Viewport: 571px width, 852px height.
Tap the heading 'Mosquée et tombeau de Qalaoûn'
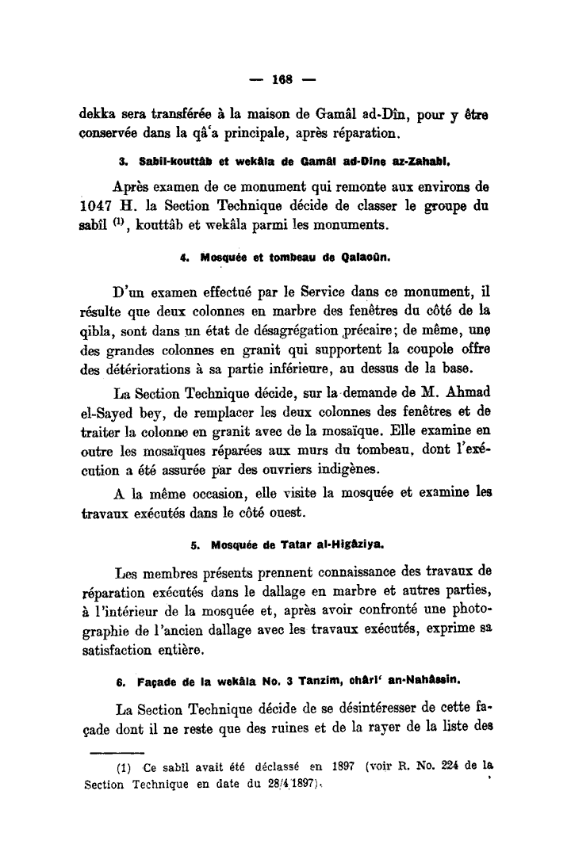click(x=286, y=257)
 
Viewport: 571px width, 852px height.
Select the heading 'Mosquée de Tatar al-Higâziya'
click(x=286, y=522)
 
